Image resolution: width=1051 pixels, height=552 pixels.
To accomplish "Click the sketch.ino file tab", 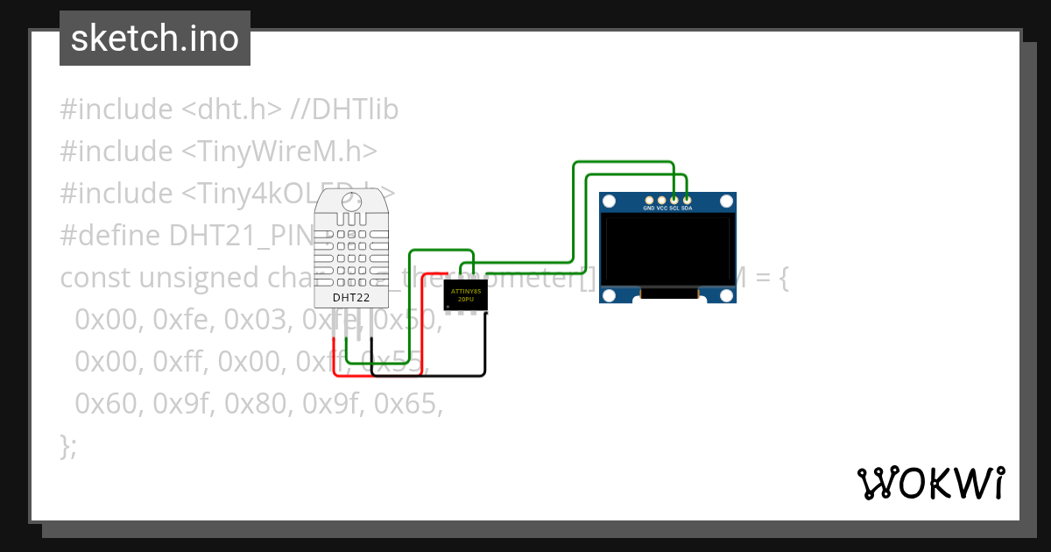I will coord(155,39).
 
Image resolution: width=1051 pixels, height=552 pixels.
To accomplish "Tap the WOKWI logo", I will coord(930,483).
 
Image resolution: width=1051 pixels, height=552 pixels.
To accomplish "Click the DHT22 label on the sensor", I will coord(350,298).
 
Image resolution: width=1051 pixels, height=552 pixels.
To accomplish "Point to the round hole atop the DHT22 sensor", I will coord(351,200).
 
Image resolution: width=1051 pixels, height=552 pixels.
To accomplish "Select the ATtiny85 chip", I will coord(465,294).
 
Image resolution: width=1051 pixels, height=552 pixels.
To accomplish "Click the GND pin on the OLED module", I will coord(649,201).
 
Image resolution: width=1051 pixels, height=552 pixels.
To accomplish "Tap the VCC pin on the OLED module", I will coord(661,201).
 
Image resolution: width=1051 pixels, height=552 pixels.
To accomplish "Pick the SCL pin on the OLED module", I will coord(674,201).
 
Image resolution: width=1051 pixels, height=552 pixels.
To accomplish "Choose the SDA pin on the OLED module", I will coord(687,201).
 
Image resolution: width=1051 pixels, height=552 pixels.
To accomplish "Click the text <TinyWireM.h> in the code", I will coord(279,152).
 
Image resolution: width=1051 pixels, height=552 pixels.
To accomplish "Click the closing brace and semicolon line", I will coord(68,445).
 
